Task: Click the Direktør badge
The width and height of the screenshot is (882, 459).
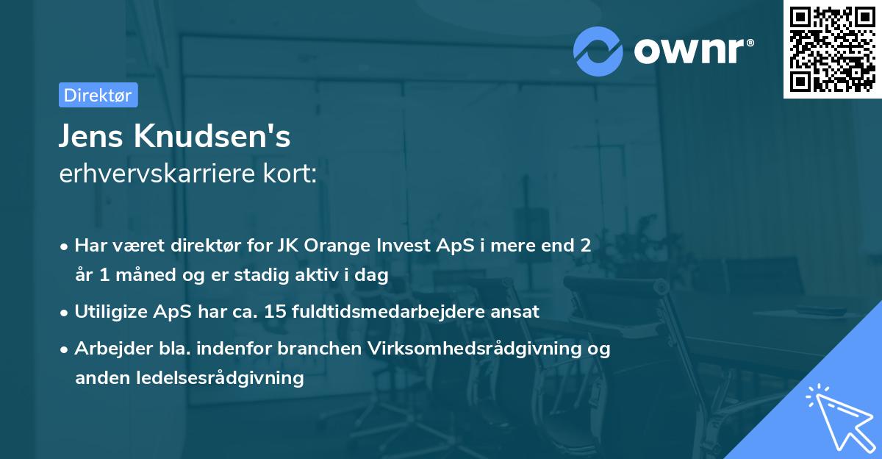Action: [x=98, y=95]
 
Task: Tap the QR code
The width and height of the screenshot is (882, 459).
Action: [x=833, y=49]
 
